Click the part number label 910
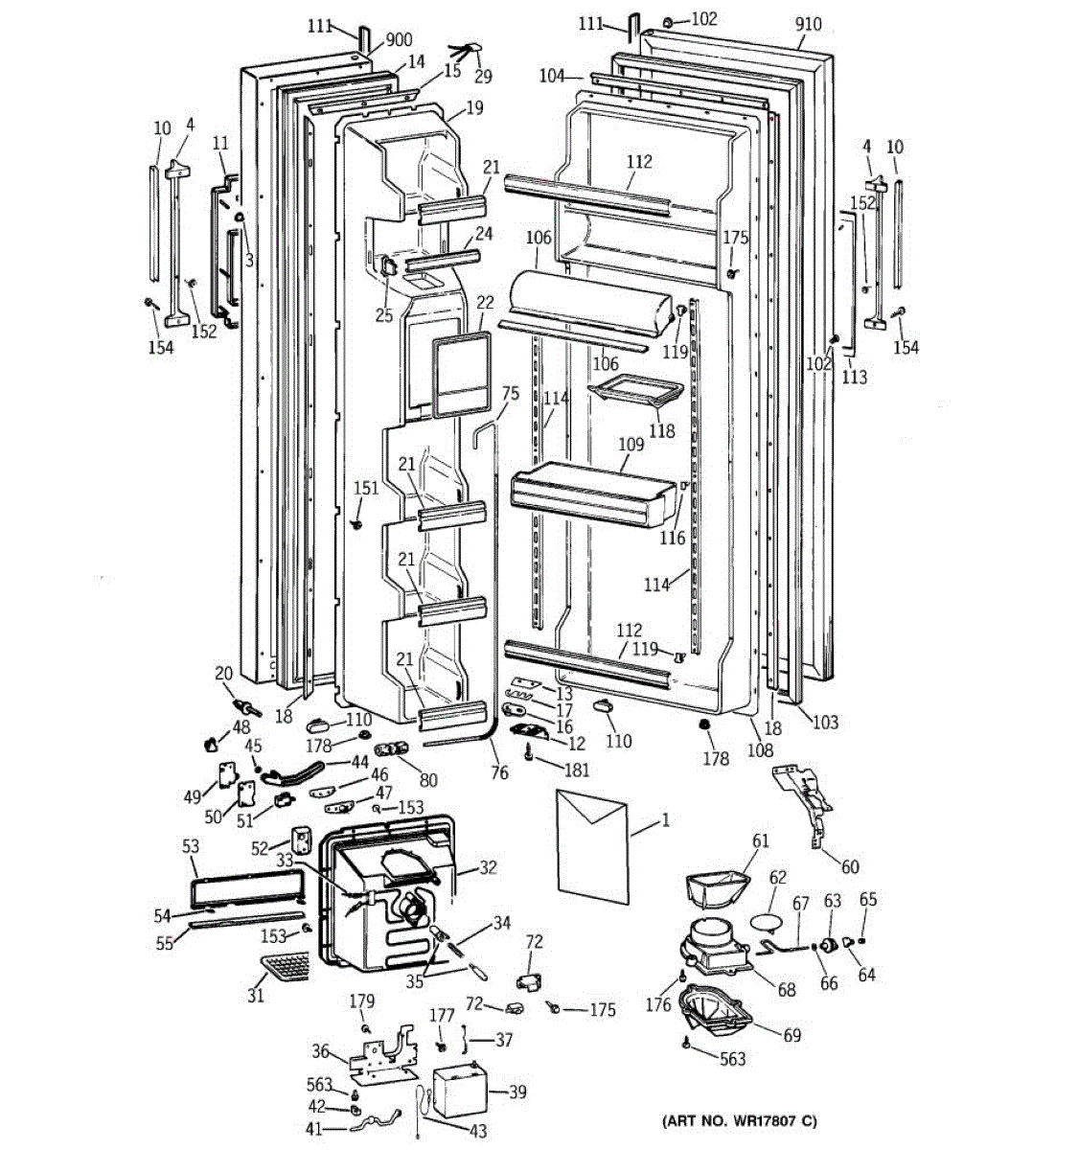808,24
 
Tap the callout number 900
399,40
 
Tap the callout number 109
631,445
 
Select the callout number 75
510,393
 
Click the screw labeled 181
529,756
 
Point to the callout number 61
761,841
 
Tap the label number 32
489,868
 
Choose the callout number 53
191,845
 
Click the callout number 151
366,488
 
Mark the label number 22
485,302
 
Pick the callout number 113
854,377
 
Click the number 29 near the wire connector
483,76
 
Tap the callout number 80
428,781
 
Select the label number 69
791,1035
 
